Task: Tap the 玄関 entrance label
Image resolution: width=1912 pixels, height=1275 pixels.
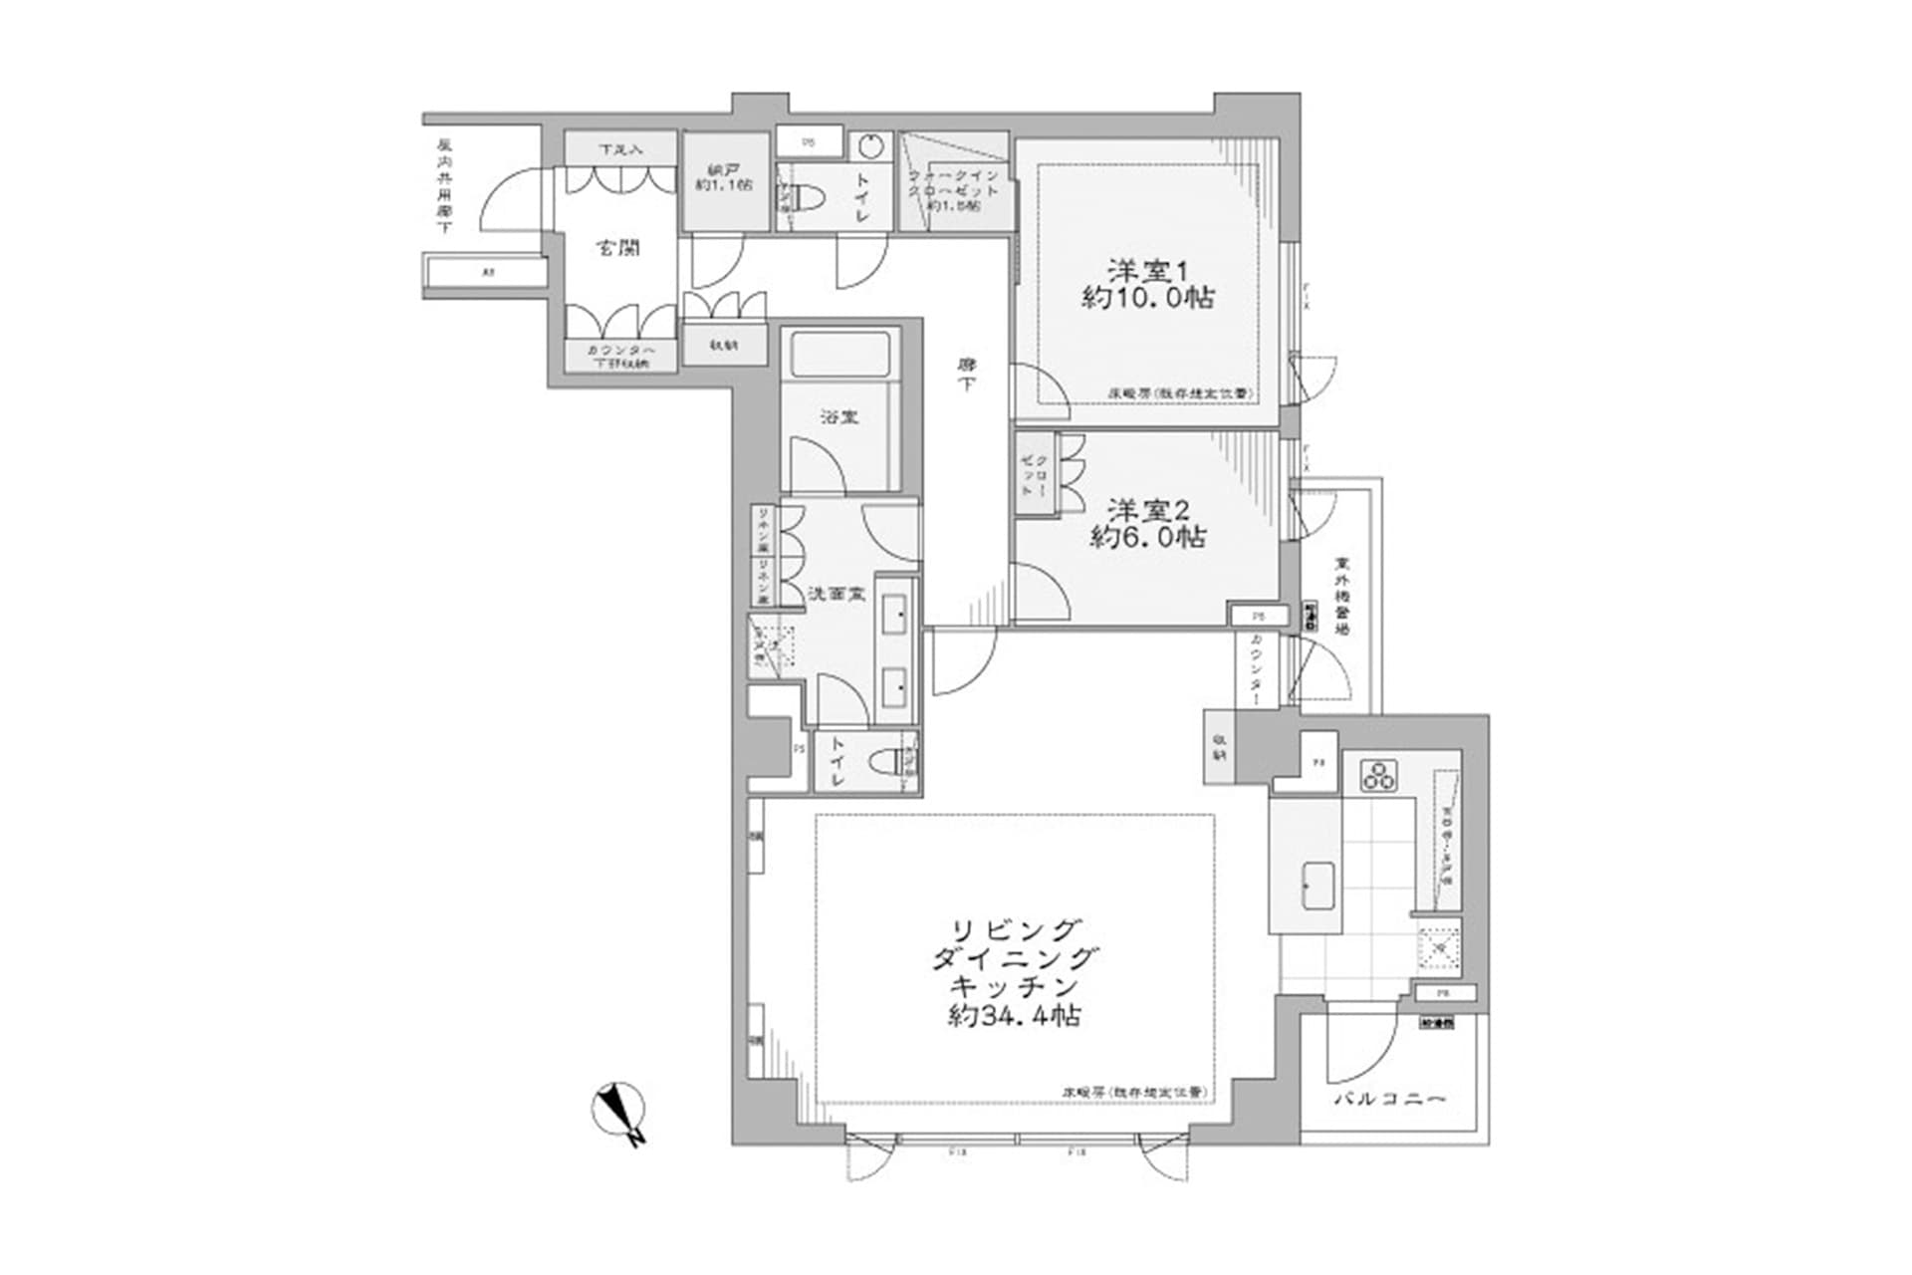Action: pyautogui.click(x=617, y=248)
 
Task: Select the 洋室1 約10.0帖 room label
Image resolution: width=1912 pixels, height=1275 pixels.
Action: pyautogui.click(x=1147, y=283)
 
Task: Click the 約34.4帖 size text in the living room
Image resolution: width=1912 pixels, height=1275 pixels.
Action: pyautogui.click(x=1015, y=1016)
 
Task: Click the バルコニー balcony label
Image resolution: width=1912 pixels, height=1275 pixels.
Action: pyautogui.click(x=1390, y=1100)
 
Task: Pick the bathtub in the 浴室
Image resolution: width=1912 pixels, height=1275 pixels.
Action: pyautogui.click(x=839, y=356)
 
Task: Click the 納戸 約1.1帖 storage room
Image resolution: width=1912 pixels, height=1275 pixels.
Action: pyautogui.click(x=723, y=178)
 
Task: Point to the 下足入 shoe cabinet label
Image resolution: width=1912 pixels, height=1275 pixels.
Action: pyautogui.click(x=620, y=149)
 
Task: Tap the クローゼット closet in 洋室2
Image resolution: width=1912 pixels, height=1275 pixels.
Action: pyautogui.click(x=1034, y=474)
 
